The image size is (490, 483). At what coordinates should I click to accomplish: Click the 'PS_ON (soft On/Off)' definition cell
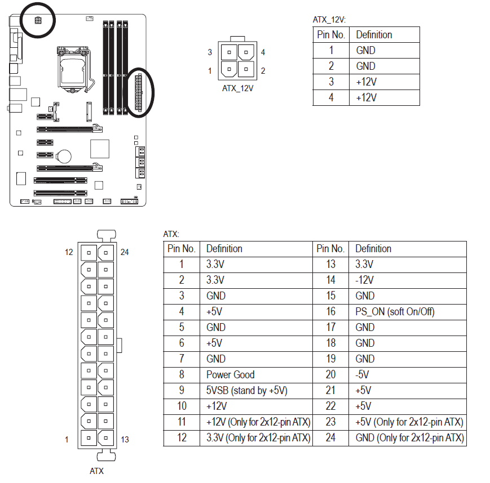(x=395, y=311)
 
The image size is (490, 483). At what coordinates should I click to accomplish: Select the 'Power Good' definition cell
(x=230, y=374)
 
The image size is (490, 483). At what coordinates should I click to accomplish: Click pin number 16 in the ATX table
(x=330, y=311)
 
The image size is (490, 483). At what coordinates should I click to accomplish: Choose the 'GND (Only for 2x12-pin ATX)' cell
(x=409, y=437)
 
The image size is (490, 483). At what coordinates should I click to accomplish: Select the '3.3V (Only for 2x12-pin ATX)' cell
(x=258, y=437)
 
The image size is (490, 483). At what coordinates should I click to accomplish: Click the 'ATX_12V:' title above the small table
(x=329, y=19)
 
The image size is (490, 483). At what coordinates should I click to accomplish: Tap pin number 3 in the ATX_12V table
(x=331, y=82)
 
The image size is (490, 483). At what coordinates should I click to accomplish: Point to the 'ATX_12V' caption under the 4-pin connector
(x=238, y=88)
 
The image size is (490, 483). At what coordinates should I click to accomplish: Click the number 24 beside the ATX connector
(x=125, y=252)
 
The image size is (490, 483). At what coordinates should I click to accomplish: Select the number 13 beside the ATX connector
(x=125, y=440)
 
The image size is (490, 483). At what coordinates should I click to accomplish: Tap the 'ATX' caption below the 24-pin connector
(x=97, y=471)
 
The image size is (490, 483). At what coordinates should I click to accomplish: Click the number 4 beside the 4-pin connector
(x=263, y=52)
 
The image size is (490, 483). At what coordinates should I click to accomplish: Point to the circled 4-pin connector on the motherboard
(x=38, y=21)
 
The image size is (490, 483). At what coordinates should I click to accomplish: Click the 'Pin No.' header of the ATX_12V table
(x=331, y=34)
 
